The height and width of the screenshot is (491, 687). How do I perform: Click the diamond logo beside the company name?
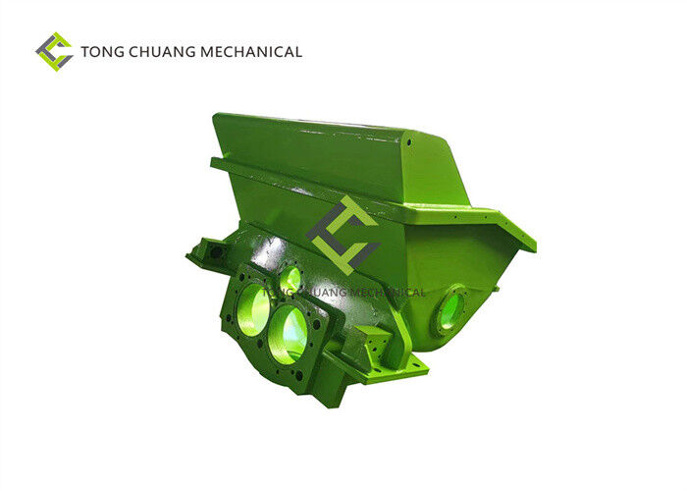54,52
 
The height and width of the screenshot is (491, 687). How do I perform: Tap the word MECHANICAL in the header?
251,52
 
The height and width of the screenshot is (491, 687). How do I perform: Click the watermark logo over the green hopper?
343,235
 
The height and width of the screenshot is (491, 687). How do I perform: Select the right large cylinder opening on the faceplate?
288,334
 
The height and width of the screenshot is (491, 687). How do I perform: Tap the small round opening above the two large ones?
291,279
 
